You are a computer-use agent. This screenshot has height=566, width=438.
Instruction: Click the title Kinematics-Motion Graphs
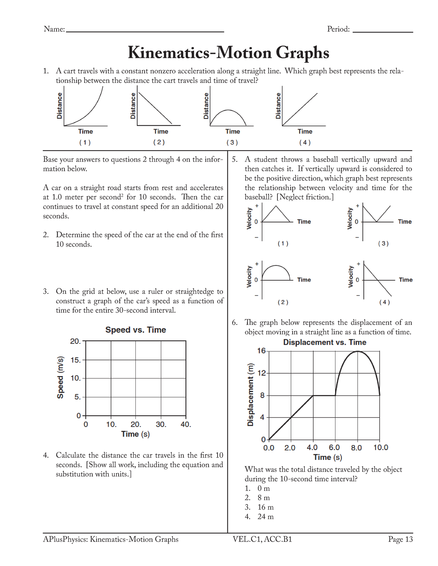coord(228,53)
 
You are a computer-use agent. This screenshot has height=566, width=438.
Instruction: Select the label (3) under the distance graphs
coord(232,143)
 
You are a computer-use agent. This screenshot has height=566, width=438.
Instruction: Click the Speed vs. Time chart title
coord(135,330)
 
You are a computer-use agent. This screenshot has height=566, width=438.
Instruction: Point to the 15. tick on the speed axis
coord(76,360)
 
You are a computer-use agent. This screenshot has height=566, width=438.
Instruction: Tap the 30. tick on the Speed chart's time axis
coord(161,424)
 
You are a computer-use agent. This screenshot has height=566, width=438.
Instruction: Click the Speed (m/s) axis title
coord(61,377)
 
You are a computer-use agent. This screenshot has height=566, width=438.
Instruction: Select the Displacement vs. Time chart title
coord(324,342)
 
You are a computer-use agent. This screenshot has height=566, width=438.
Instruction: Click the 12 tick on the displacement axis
coord(262,373)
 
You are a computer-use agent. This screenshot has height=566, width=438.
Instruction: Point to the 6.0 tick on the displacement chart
coord(334,448)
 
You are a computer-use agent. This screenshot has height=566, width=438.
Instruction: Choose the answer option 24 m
coord(265,516)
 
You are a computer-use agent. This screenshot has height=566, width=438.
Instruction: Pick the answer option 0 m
coord(264,488)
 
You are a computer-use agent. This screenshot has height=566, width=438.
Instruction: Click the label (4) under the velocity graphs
coord(384,302)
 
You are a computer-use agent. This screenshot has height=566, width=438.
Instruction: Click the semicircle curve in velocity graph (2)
coord(276,266)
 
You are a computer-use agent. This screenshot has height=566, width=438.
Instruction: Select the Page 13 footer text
coord(400,539)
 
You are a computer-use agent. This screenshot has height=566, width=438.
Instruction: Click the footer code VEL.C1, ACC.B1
coord(262,539)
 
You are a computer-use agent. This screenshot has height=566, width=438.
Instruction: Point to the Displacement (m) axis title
coord(250,395)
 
